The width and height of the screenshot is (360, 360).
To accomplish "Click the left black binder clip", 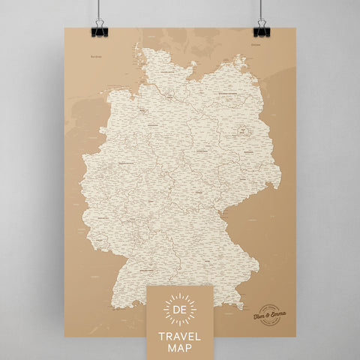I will [x=100, y=30].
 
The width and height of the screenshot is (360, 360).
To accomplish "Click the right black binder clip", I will [x=260, y=30].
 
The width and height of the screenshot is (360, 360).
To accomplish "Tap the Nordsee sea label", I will [x=94, y=56].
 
